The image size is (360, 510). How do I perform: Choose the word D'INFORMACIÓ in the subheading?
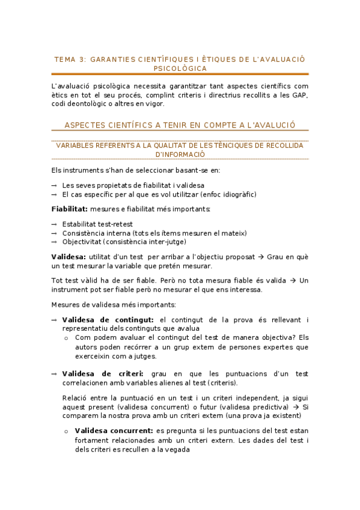click(180, 154)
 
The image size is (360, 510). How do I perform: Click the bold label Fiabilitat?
click(70, 209)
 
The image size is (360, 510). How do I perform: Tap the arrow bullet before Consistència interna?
click(55, 233)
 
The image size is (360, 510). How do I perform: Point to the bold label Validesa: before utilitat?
click(69, 257)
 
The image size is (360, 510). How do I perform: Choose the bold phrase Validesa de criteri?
click(103, 374)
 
